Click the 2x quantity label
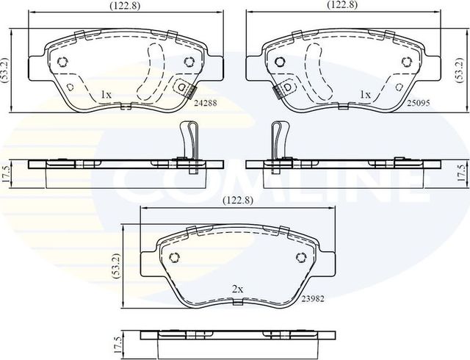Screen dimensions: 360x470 point(237,290)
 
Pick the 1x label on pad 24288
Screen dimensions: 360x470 point(105,95)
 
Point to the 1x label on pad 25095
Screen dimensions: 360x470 point(365,95)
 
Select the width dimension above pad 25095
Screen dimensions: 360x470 point(342,4)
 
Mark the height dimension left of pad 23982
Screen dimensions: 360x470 point(115,264)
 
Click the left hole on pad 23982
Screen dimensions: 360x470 point(175,257)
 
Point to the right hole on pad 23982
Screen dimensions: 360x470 point(300,257)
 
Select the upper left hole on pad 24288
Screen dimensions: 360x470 point(62,62)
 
